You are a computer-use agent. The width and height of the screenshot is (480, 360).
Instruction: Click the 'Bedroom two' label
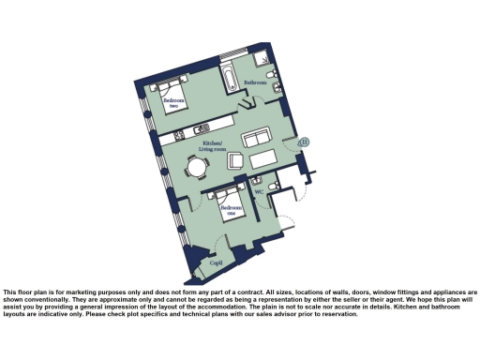tap(172, 104)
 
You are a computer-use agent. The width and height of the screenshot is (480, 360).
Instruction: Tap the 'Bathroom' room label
tap(256, 82)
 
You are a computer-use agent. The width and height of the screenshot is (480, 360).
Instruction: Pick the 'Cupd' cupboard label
tap(216, 264)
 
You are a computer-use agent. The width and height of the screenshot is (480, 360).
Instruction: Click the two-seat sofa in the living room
tap(258, 139)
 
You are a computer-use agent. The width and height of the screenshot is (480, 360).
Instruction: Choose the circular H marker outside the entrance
tap(304, 142)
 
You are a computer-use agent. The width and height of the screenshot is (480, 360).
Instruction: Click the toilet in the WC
tap(273, 187)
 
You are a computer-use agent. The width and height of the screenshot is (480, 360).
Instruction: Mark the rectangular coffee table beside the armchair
tap(264, 158)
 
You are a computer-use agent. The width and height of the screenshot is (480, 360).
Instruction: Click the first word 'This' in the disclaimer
tap(11, 292)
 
